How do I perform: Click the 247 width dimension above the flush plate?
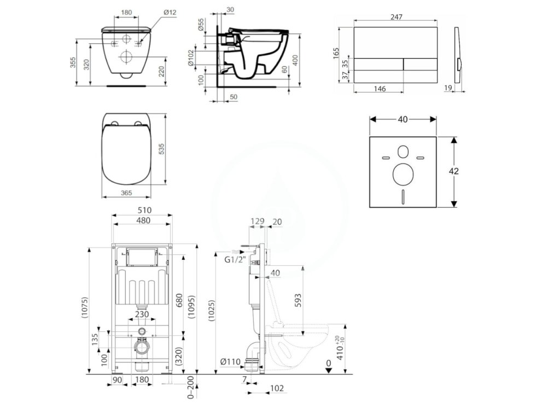click(396, 17)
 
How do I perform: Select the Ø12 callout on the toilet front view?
click(170, 12)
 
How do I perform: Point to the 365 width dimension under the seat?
click(127, 192)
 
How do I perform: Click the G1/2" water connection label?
click(235, 260)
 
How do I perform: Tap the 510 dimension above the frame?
click(144, 210)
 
